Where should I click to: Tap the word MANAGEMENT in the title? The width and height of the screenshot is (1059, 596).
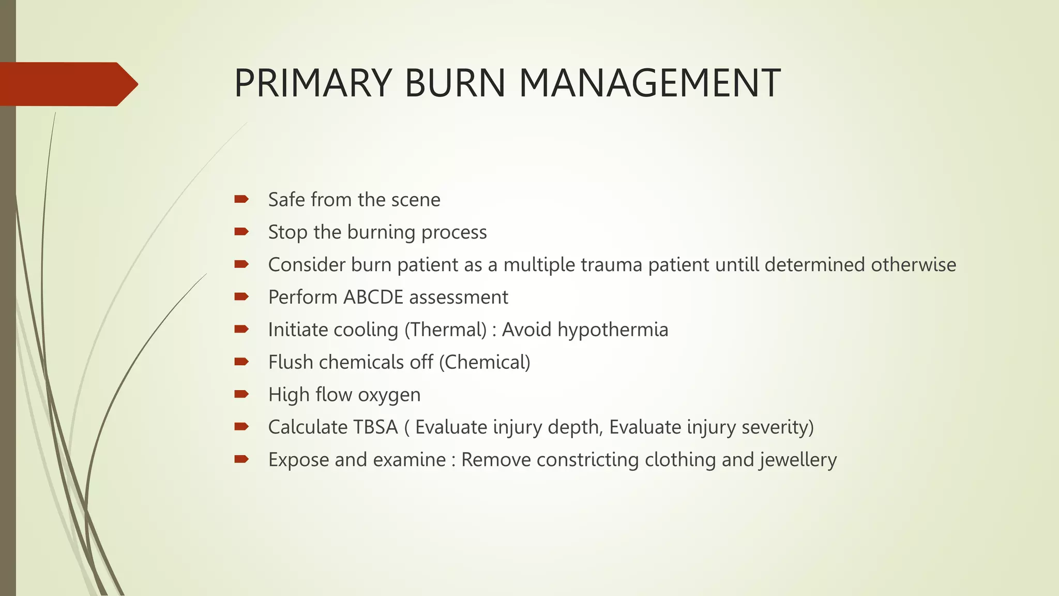649,83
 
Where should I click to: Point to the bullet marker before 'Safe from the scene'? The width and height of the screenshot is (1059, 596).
241,199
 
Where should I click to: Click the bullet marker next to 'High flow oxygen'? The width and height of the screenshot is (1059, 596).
241,394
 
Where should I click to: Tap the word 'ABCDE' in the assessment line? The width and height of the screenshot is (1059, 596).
373,297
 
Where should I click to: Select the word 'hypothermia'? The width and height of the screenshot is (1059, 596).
613,330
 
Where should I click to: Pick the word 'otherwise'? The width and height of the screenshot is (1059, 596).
913,265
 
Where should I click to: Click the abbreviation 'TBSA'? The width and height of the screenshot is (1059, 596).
375,427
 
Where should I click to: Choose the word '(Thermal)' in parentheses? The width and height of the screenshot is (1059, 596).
445,330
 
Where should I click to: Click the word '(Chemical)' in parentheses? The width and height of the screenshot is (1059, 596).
485,363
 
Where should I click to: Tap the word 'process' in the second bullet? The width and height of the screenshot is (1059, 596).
453,233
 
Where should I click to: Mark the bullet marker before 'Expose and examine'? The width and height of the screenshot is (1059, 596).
241,459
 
